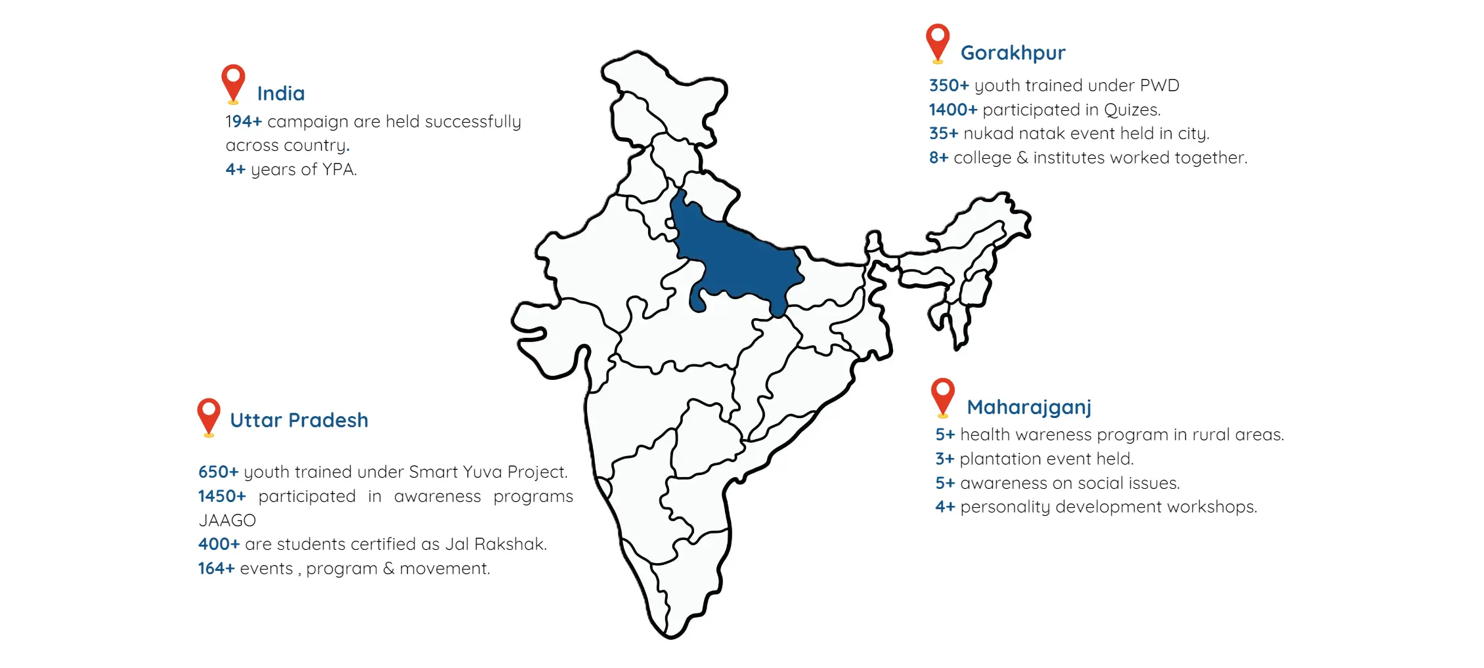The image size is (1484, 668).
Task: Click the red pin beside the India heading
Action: pyautogui.click(x=233, y=82)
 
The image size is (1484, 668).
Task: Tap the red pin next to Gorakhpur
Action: pyautogui.click(x=938, y=41)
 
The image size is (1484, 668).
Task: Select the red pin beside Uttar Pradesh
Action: pyautogui.click(x=209, y=415)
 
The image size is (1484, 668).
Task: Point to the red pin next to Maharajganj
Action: pyautogui.click(x=943, y=396)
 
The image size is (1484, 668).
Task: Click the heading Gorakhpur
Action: pyautogui.click(x=1013, y=53)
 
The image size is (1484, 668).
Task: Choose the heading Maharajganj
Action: pyautogui.click(x=1029, y=407)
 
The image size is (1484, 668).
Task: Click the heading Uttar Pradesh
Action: pyautogui.click(x=299, y=421)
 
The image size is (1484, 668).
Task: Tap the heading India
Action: pyautogui.click(x=281, y=94)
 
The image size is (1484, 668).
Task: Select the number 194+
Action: pyautogui.click(x=244, y=122)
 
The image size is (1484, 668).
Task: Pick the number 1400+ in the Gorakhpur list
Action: pyautogui.click(x=953, y=110)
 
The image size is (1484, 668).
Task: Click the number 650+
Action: pyautogui.click(x=218, y=472)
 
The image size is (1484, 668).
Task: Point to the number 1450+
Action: pyautogui.click(x=222, y=497)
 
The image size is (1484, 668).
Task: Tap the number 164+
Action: pyautogui.click(x=216, y=569)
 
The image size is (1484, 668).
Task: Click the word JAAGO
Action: pyautogui.click(x=227, y=521)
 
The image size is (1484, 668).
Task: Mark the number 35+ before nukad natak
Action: pyautogui.click(x=944, y=134)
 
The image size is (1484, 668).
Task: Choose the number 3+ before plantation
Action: pyautogui.click(x=944, y=459)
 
